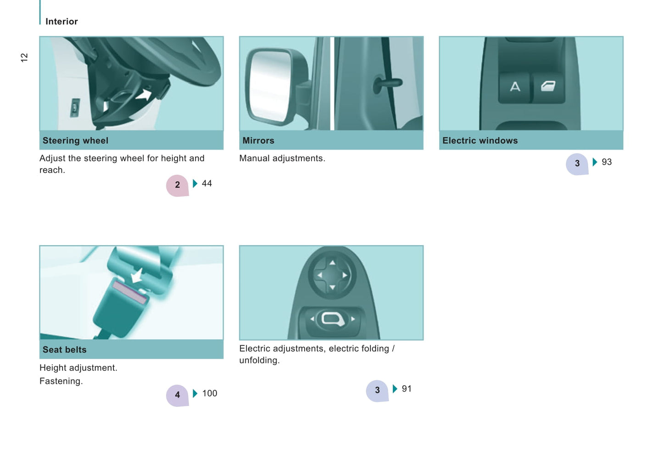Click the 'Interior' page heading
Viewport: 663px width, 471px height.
(61, 22)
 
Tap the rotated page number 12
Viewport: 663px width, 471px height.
(24, 58)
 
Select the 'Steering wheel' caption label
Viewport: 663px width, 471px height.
(75, 141)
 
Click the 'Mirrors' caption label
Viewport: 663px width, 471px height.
(258, 141)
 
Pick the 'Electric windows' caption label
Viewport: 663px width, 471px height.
(480, 141)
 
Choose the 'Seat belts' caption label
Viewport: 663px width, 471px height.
(65, 350)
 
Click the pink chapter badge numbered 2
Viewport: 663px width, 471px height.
(177, 185)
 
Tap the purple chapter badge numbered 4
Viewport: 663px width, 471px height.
(177, 395)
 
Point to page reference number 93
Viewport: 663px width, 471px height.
(607, 162)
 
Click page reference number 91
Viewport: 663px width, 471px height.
(407, 389)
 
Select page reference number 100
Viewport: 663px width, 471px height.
(210, 393)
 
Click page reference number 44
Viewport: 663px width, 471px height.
(207, 184)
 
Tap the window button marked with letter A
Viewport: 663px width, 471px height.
(515, 87)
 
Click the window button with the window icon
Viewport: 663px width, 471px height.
(548, 87)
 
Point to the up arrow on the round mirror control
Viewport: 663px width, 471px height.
(333, 263)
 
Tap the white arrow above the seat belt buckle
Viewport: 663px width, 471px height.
(137, 275)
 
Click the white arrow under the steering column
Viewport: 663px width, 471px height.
(144, 95)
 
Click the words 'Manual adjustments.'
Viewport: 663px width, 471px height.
(282, 158)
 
